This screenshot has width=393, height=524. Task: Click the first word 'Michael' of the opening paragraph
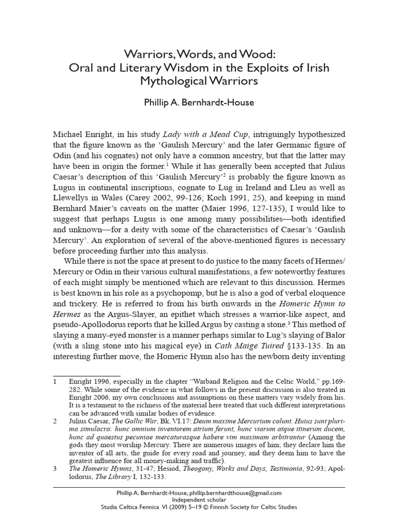pyautogui.click(x=69, y=135)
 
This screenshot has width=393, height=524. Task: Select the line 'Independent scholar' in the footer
pyautogui.click(x=196, y=499)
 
